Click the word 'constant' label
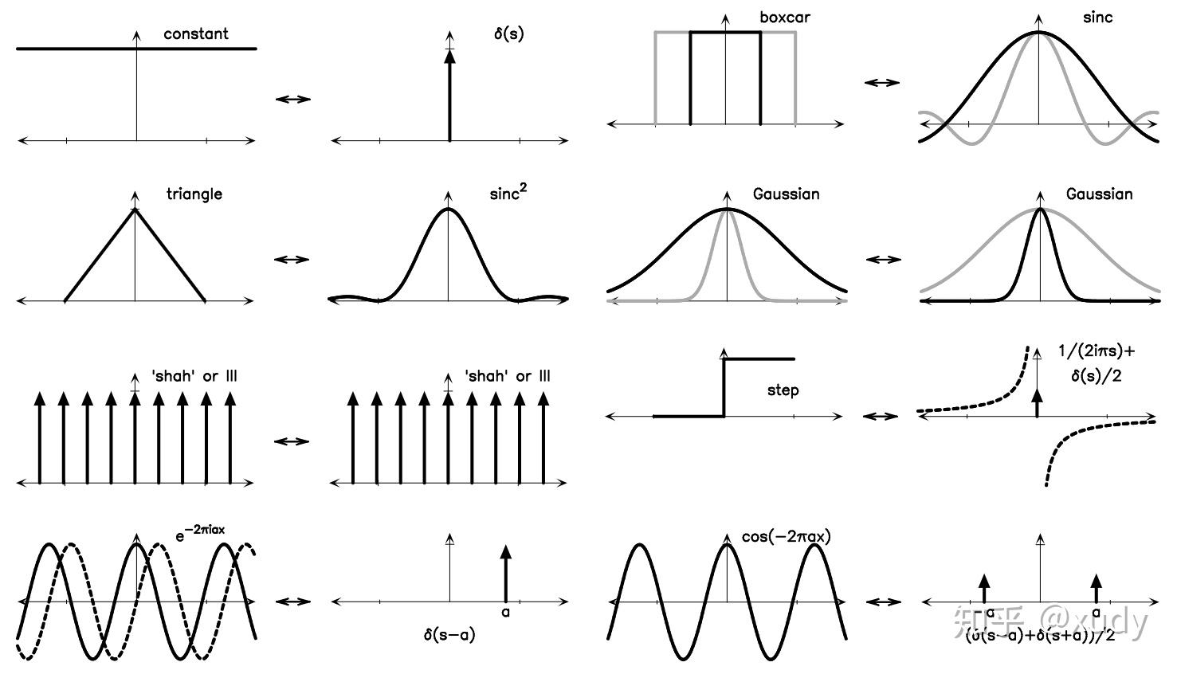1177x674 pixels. pyautogui.click(x=195, y=34)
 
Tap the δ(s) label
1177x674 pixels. pyautogui.click(x=508, y=34)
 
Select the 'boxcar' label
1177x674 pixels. pyautogui.click(x=785, y=18)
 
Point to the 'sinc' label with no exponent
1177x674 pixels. pyautogui.click(x=1097, y=18)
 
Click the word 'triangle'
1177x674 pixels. pyautogui.click(x=194, y=194)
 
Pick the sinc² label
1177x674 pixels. pyautogui.click(x=508, y=194)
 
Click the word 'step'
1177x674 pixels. pyautogui.click(x=783, y=390)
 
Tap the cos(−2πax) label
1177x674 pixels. pyautogui.click(x=786, y=537)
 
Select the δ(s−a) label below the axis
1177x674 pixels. pyautogui.click(x=449, y=635)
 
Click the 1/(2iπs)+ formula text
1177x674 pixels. pyautogui.click(x=1096, y=351)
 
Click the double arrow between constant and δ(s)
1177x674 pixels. pyautogui.click(x=292, y=99)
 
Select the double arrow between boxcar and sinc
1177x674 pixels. pyautogui.click(x=881, y=82)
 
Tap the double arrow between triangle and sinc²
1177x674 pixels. pyautogui.click(x=292, y=259)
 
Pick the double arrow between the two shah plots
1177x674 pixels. pyautogui.click(x=292, y=441)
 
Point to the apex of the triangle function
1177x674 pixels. pyautogui.click(x=135, y=210)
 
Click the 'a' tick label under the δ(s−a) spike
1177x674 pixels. pyautogui.click(x=505, y=613)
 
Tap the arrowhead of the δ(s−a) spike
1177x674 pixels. pyautogui.click(x=505, y=552)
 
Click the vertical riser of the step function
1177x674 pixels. pyautogui.click(x=724, y=388)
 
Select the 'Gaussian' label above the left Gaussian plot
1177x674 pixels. pyautogui.click(x=786, y=194)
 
